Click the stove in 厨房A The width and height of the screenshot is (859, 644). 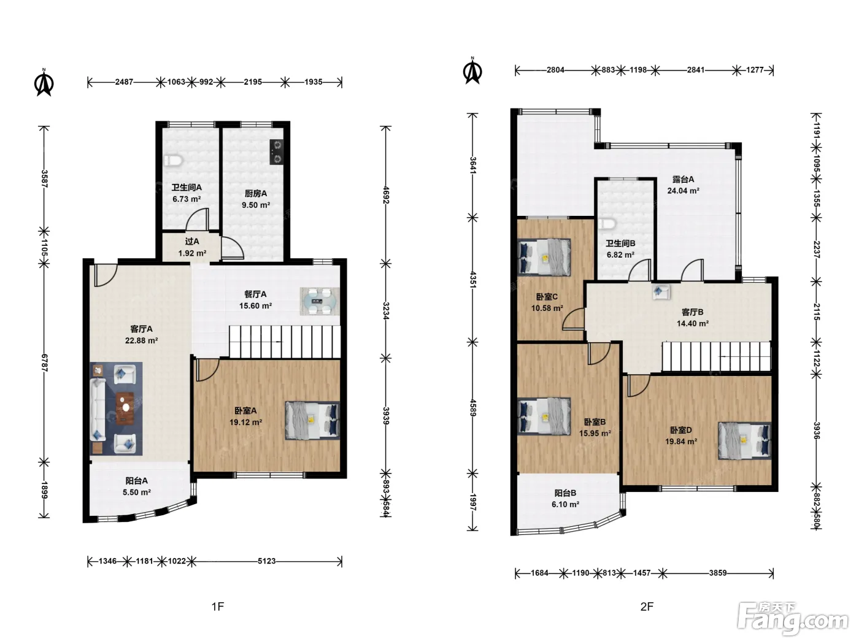coord(277,151)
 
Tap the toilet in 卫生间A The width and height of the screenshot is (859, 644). coord(173,160)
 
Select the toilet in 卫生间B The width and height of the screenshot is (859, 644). coord(607,224)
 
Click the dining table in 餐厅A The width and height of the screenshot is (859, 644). coord(320,301)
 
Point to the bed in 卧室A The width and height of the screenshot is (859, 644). coord(312,420)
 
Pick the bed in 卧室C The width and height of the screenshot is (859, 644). coord(544,257)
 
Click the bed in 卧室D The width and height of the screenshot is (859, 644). coord(745,440)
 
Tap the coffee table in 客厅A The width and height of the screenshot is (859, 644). coord(125,408)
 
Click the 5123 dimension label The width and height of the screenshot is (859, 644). coord(266,561)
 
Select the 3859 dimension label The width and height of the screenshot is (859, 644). coord(718,573)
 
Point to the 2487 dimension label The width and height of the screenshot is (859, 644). coord(124,82)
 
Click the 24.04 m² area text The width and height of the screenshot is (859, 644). coord(684,191)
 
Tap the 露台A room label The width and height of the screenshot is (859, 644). coord(684,180)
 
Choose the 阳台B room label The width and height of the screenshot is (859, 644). coord(565,493)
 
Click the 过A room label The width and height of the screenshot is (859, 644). coord(192,242)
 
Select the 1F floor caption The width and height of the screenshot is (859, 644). coord(218,607)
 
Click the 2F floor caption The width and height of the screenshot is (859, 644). coord(647,607)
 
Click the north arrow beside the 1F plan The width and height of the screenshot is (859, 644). coord(44,82)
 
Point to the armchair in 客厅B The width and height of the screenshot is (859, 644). coord(661,291)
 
